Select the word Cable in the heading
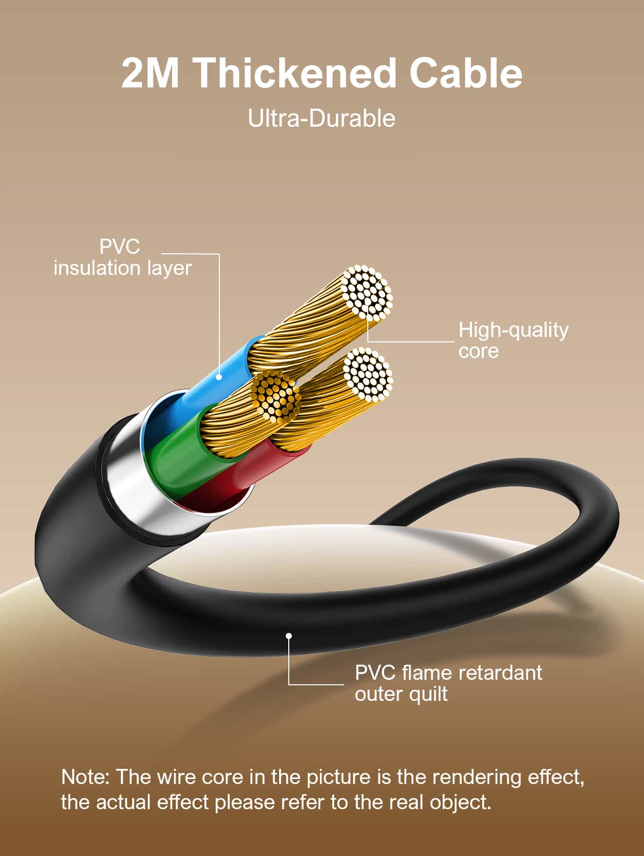[x=465, y=73]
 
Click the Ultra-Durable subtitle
[x=321, y=119]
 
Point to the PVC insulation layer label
[x=122, y=257]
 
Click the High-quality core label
[x=513, y=340]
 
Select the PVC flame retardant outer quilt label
[x=448, y=683]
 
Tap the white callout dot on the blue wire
[x=219, y=377]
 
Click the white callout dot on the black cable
[x=289, y=636]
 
